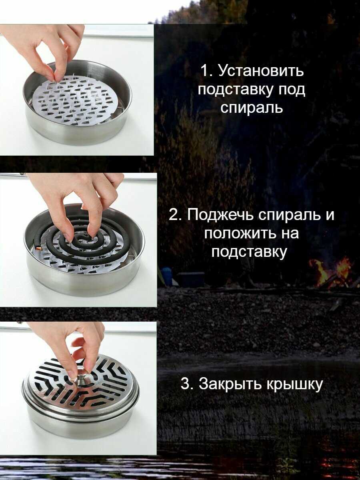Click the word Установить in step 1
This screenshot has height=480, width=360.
click(261, 71)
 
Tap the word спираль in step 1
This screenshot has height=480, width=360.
click(251, 107)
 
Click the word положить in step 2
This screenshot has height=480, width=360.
click(238, 233)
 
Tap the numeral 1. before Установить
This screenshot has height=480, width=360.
click(207, 70)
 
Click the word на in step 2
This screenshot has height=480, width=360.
click(289, 234)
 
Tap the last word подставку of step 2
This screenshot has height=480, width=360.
click(248, 252)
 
